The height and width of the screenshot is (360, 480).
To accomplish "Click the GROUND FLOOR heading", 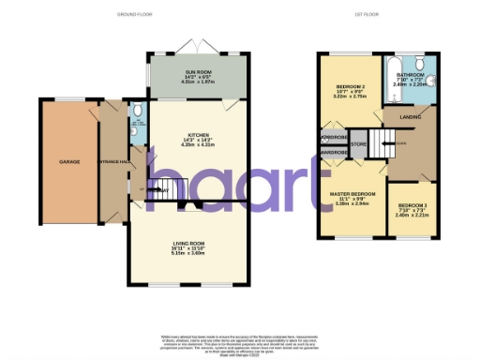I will pos(135,15).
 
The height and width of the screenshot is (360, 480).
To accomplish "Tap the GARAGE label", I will pos(69,161).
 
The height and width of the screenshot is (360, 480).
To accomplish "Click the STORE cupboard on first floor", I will pos(358,144).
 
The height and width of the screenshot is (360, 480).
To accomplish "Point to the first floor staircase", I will pos(377,145).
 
